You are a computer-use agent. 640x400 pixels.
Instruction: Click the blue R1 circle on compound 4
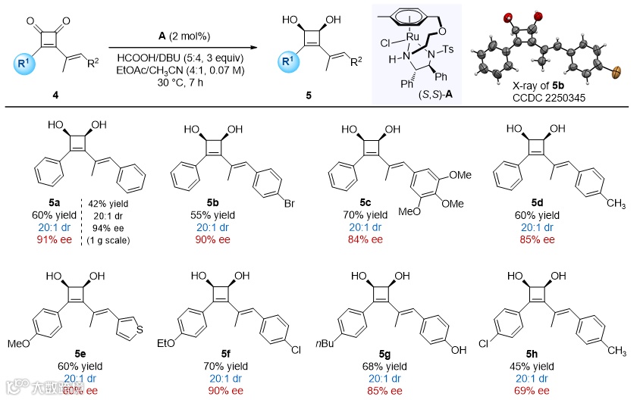tap(26, 58)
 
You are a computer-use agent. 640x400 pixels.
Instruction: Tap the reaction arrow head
tap(256, 46)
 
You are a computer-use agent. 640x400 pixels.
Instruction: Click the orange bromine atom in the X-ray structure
tap(615, 73)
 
